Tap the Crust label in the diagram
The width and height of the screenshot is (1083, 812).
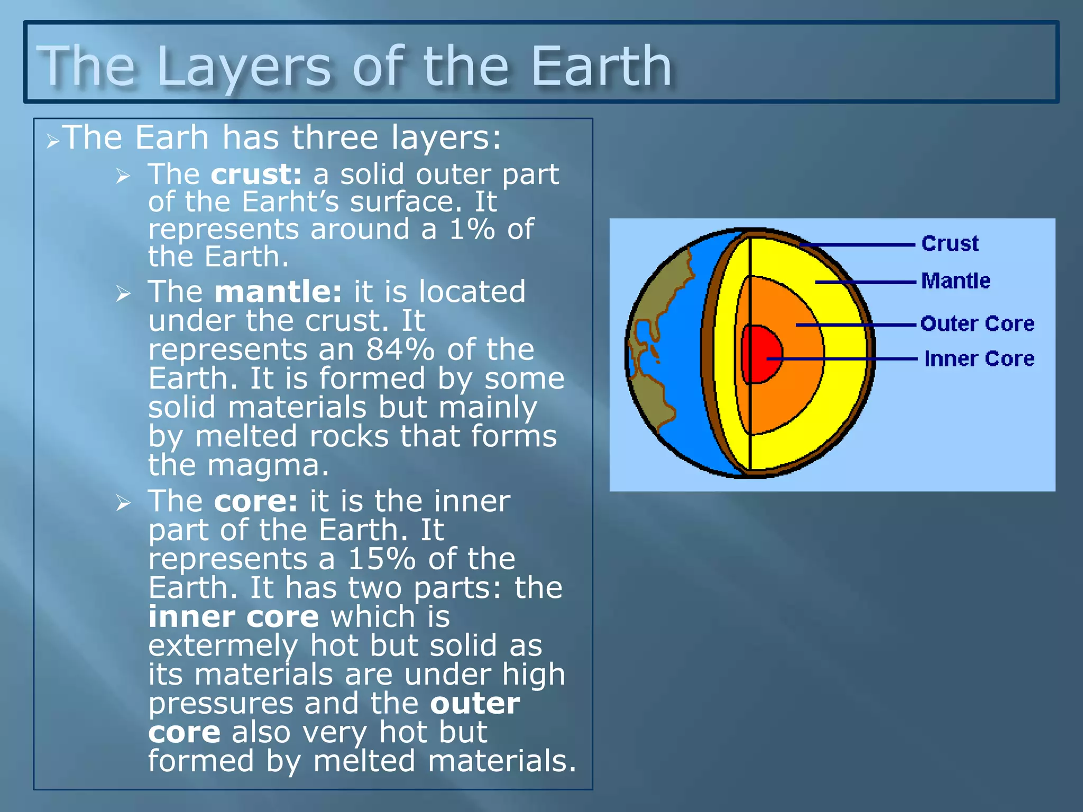[x=950, y=244]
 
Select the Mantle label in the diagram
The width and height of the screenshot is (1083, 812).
[x=956, y=281]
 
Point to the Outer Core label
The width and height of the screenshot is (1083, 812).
[x=977, y=324]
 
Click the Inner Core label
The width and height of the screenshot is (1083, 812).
[x=979, y=359]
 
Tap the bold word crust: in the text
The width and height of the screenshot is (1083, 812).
[x=256, y=174]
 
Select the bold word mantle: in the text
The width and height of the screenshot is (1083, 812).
[x=278, y=292]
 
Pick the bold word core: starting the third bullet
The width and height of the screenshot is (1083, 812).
[x=256, y=501]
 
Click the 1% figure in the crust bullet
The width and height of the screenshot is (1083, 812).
[x=472, y=229]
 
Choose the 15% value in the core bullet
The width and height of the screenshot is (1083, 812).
[x=381, y=559]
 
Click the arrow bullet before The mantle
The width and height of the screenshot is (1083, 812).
[x=123, y=293]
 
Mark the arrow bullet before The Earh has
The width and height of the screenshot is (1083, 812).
[x=52, y=141]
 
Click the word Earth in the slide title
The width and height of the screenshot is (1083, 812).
[x=601, y=67]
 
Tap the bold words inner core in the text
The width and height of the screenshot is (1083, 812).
[x=233, y=617]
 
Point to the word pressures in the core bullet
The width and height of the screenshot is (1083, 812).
[x=221, y=704]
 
